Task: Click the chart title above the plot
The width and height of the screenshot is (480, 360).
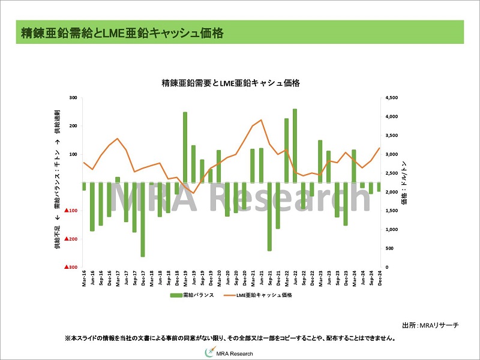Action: coord(231,83)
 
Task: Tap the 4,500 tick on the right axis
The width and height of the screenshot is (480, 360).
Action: coord(391,98)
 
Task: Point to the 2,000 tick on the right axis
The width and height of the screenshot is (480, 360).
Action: coord(391,192)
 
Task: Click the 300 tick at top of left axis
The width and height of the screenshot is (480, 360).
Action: coord(74,98)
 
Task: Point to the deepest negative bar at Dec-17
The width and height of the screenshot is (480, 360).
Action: coord(143,219)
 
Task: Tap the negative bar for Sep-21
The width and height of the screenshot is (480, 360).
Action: coord(269,216)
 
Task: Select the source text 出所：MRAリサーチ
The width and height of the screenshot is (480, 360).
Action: coord(430,325)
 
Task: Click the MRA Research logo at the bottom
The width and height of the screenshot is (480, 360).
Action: coord(232,353)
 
